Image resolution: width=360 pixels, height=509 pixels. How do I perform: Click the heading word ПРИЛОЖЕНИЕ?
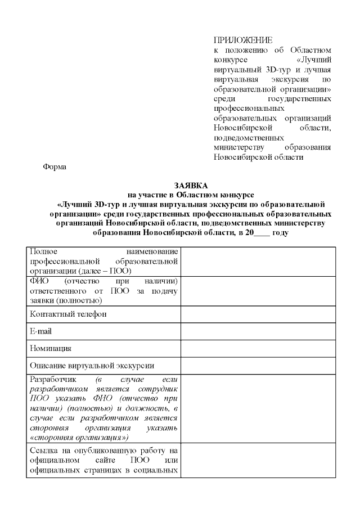(x=243, y=40)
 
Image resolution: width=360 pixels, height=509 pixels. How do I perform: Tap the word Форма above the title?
(x=55, y=166)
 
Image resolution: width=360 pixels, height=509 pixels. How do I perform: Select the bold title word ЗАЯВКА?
(x=191, y=185)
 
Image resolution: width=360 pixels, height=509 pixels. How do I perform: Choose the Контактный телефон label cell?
(x=68, y=314)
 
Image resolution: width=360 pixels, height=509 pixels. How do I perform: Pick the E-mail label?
(x=40, y=331)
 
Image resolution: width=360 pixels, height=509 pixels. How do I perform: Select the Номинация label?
(x=51, y=349)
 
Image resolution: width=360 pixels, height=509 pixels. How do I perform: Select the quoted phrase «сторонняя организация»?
(x=79, y=437)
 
